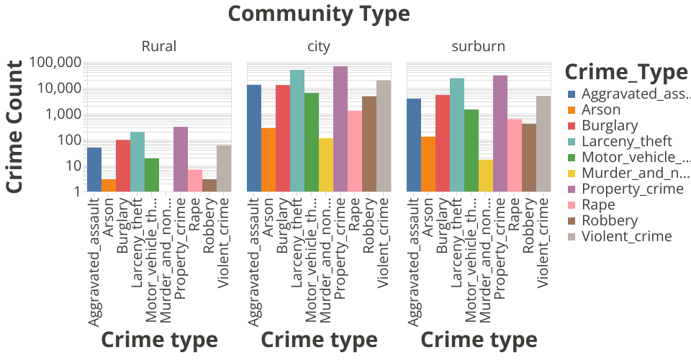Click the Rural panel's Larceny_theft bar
(137, 162)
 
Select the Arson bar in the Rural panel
(109, 185)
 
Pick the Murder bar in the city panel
(326, 165)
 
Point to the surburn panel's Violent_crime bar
(543, 144)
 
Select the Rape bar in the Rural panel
(195, 181)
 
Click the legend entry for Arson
(600, 109)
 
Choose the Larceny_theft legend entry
(626, 141)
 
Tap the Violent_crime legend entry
(626, 236)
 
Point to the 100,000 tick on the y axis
(58, 63)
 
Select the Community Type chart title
(319, 14)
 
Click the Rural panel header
(159, 47)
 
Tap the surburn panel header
(479, 47)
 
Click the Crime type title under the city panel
(319, 340)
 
